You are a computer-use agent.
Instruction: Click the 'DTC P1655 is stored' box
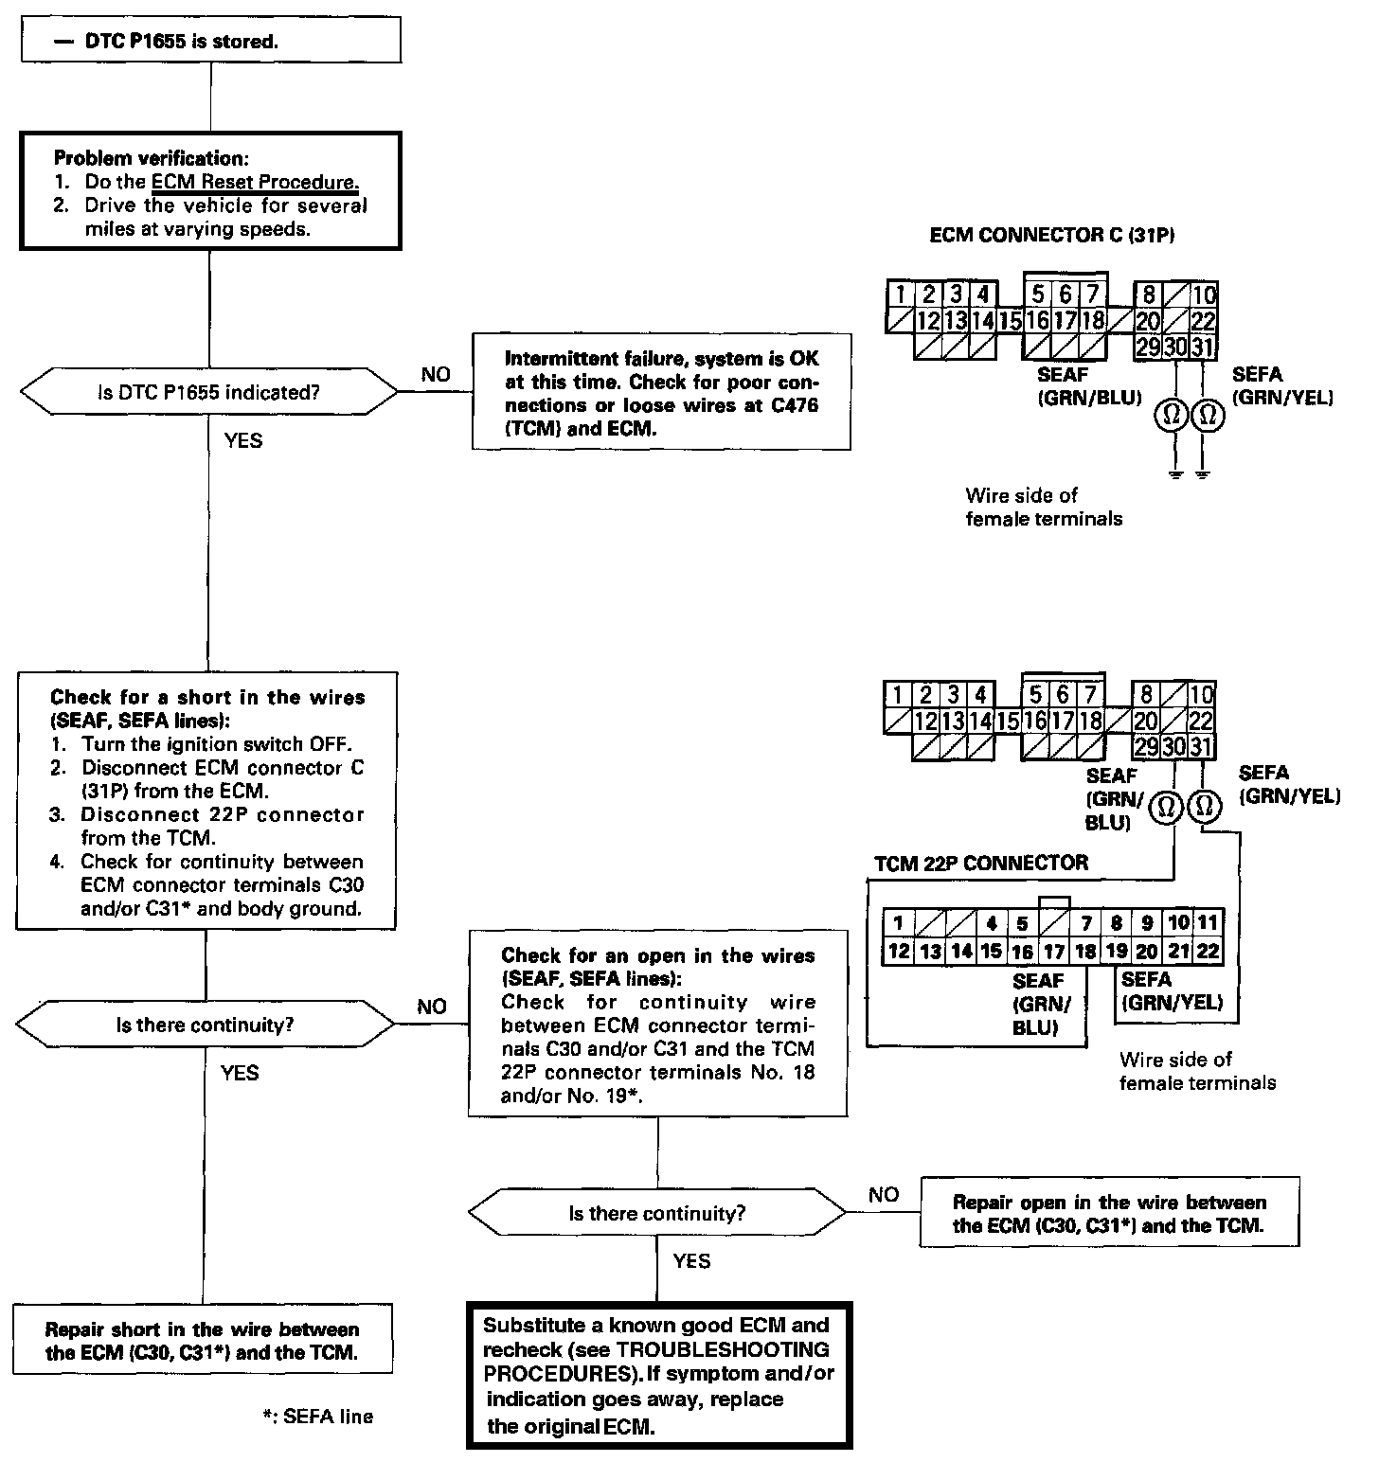[208, 41]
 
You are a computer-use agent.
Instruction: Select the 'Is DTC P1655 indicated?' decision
[208, 392]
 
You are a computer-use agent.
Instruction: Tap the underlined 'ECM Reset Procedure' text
[255, 182]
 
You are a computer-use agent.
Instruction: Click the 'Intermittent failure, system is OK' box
[661, 393]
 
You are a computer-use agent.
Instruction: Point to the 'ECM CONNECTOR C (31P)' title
[1052, 236]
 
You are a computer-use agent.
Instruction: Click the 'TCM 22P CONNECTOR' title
[980, 864]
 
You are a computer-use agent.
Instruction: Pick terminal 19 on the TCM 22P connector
[1117, 952]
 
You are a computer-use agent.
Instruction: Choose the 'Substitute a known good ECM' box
[659, 1375]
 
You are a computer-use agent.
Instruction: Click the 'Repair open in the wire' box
[1109, 1213]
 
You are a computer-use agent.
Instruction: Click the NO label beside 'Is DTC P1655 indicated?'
[436, 374]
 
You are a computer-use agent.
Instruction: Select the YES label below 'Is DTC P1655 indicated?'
[243, 440]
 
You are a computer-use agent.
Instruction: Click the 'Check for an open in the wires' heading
[658, 955]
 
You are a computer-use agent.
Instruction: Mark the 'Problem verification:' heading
[152, 158]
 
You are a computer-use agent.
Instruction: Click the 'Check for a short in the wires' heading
[207, 698]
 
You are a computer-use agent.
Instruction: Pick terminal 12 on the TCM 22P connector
[898, 952]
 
